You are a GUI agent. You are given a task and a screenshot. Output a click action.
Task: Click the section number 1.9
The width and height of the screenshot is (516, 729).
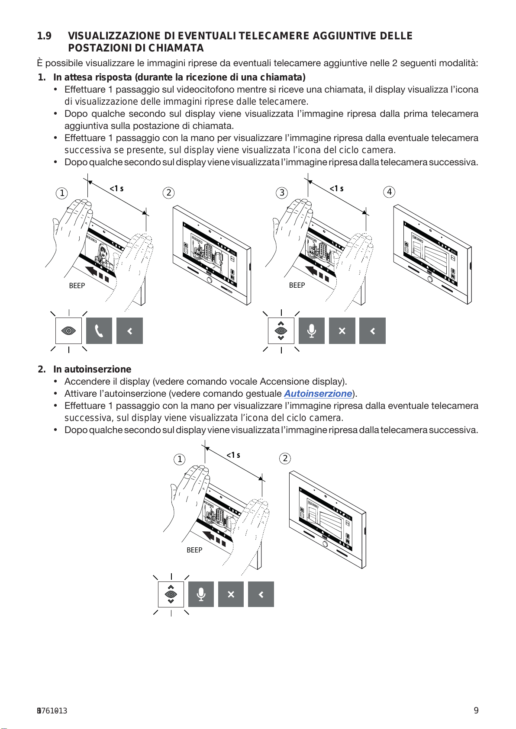pos(44,36)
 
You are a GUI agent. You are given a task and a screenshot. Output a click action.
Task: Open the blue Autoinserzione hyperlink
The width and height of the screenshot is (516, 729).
pos(318,394)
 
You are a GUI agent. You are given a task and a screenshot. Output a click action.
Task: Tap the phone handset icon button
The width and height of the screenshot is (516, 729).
pos(99,331)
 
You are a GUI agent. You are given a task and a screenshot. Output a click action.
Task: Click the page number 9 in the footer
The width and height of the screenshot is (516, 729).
pos(476,710)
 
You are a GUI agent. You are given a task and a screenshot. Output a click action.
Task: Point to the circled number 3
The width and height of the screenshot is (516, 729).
pos(282,193)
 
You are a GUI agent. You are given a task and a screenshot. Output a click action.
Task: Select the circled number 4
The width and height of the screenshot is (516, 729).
pos(390,192)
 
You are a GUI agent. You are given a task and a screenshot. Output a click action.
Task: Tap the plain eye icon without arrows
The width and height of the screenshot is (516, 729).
pos(69,331)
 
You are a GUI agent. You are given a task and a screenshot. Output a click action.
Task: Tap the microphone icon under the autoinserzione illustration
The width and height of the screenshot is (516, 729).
pos(201,594)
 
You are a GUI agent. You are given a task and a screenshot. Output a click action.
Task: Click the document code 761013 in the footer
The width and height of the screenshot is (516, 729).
pos(52,711)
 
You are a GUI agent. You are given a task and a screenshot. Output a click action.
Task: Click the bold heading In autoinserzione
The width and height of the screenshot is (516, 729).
pos(92,369)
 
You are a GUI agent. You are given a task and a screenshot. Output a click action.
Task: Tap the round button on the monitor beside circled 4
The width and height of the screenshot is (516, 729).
pos(430,279)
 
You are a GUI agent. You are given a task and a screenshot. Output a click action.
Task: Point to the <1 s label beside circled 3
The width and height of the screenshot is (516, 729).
pos(336,189)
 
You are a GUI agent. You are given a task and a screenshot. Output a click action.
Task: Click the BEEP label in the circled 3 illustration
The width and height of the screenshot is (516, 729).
pos(297,285)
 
